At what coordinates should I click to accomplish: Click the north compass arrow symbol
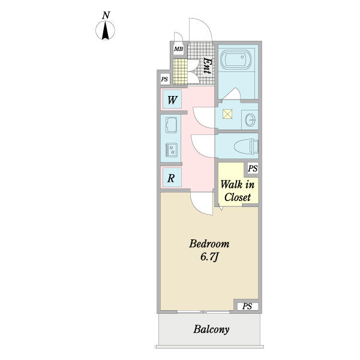coord(106,31)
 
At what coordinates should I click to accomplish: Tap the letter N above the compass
coord(106,16)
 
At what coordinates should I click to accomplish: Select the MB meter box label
coord(178,49)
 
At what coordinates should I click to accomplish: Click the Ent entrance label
coord(208,65)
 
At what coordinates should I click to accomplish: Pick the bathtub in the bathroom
coord(236,59)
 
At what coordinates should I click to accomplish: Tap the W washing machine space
coord(172,100)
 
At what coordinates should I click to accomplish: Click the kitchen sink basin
coord(171,125)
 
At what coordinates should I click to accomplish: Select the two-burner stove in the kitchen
coord(172,150)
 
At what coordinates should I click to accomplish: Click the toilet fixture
coord(246,146)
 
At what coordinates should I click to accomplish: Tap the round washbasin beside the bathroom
coord(250,119)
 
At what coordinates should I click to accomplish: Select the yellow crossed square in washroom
coord(227,114)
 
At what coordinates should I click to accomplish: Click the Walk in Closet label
coord(238,191)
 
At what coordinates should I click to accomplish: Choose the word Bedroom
coord(209,244)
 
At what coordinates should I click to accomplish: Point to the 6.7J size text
coord(209,257)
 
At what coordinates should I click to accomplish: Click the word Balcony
coord(211,329)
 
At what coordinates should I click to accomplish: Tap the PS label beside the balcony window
coord(247,306)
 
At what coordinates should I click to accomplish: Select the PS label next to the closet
coord(253,168)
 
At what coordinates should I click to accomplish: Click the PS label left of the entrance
coord(164,79)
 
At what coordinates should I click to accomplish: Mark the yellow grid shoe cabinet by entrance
coord(180,72)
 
